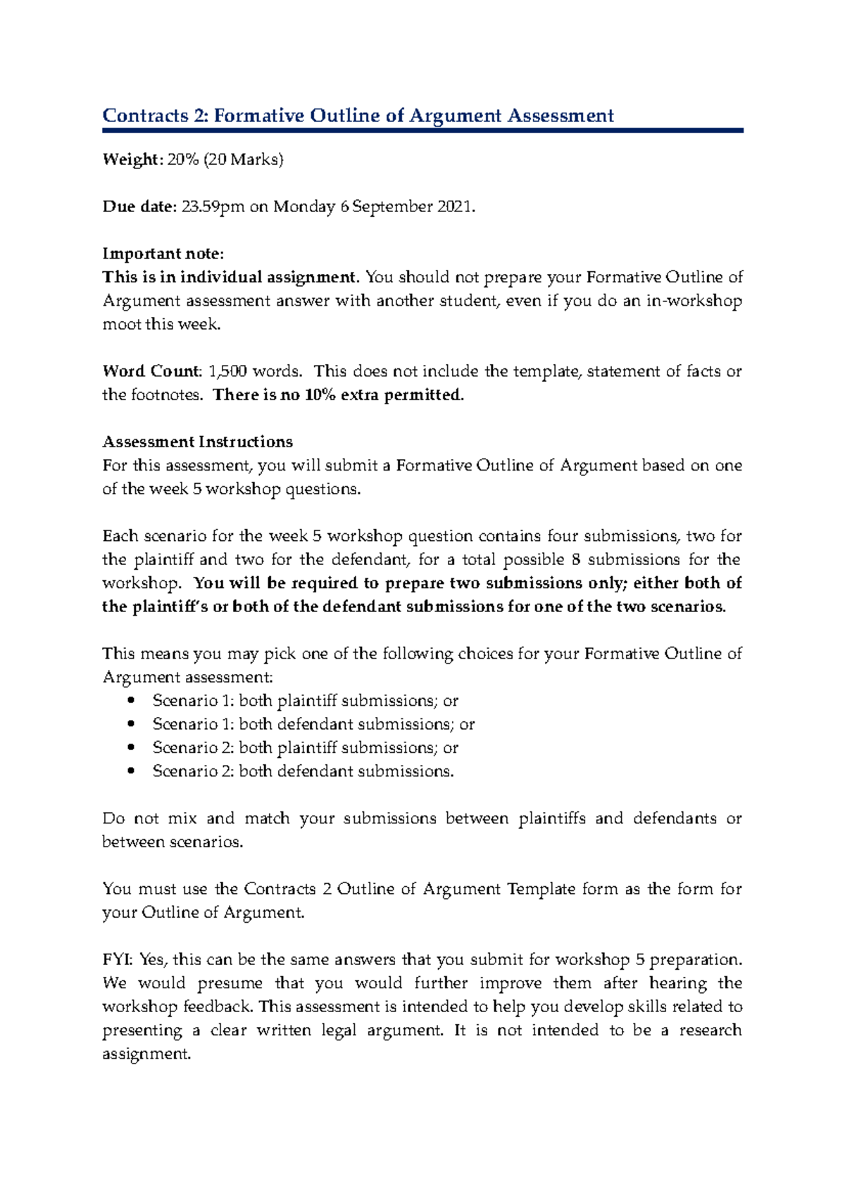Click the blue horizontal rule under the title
(423, 130)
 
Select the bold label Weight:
(132, 160)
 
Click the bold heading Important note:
(163, 254)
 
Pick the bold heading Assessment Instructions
(197, 442)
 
